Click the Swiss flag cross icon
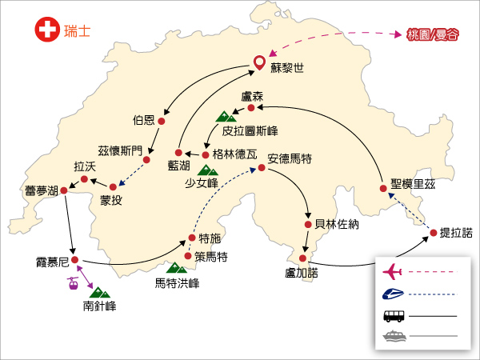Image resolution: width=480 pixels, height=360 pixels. [x=47, y=30]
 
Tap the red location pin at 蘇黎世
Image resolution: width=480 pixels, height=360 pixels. [x=259, y=63]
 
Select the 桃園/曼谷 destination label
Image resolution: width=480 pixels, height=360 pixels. [x=433, y=34]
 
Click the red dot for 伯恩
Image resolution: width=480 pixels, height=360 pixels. [x=162, y=122]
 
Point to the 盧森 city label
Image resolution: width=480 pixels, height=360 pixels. [x=252, y=97]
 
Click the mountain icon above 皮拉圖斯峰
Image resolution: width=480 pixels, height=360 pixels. [x=226, y=117]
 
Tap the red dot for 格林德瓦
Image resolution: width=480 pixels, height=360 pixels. [x=206, y=155]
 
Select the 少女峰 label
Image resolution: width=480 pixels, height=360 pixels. [x=202, y=183]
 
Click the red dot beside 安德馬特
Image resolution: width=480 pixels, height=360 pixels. [x=262, y=167]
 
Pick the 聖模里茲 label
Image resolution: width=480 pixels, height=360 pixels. [x=413, y=184]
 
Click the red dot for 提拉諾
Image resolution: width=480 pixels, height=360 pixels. [x=433, y=233]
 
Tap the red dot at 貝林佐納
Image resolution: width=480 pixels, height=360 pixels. [x=308, y=225]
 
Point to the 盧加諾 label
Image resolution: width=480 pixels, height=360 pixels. [x=302, y=273]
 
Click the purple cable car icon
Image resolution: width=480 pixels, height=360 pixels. [x=73, y=283]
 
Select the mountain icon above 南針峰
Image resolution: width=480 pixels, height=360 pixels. [x=100, y=293]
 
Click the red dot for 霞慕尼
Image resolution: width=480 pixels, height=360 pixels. [x=74, y=260]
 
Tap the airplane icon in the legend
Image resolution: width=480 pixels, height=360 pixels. [x=392, y=272]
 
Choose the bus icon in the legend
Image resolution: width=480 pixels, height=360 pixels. [x=394, y=316]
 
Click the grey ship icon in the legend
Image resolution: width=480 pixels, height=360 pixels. [x=394, y=335]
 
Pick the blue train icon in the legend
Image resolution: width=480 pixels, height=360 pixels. [x=393, y=294]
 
